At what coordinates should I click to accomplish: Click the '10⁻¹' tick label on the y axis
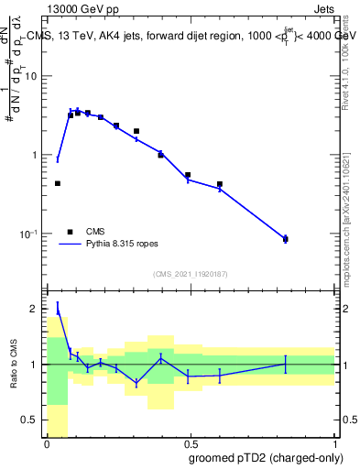click(x=30, y=234)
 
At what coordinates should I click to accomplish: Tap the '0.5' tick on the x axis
click(x=190, y=444)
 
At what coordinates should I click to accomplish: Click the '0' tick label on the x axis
click(x=47, y=444)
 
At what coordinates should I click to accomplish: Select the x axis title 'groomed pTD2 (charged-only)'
click(x=266, y=457)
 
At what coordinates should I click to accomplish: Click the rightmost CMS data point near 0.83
click(x=286, y=239)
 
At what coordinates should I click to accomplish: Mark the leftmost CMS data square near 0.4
click(x=58, y=183)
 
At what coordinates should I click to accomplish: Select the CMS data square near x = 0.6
click(x=220, y=184)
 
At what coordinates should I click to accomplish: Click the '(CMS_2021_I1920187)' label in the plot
click(x=190, y=274)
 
